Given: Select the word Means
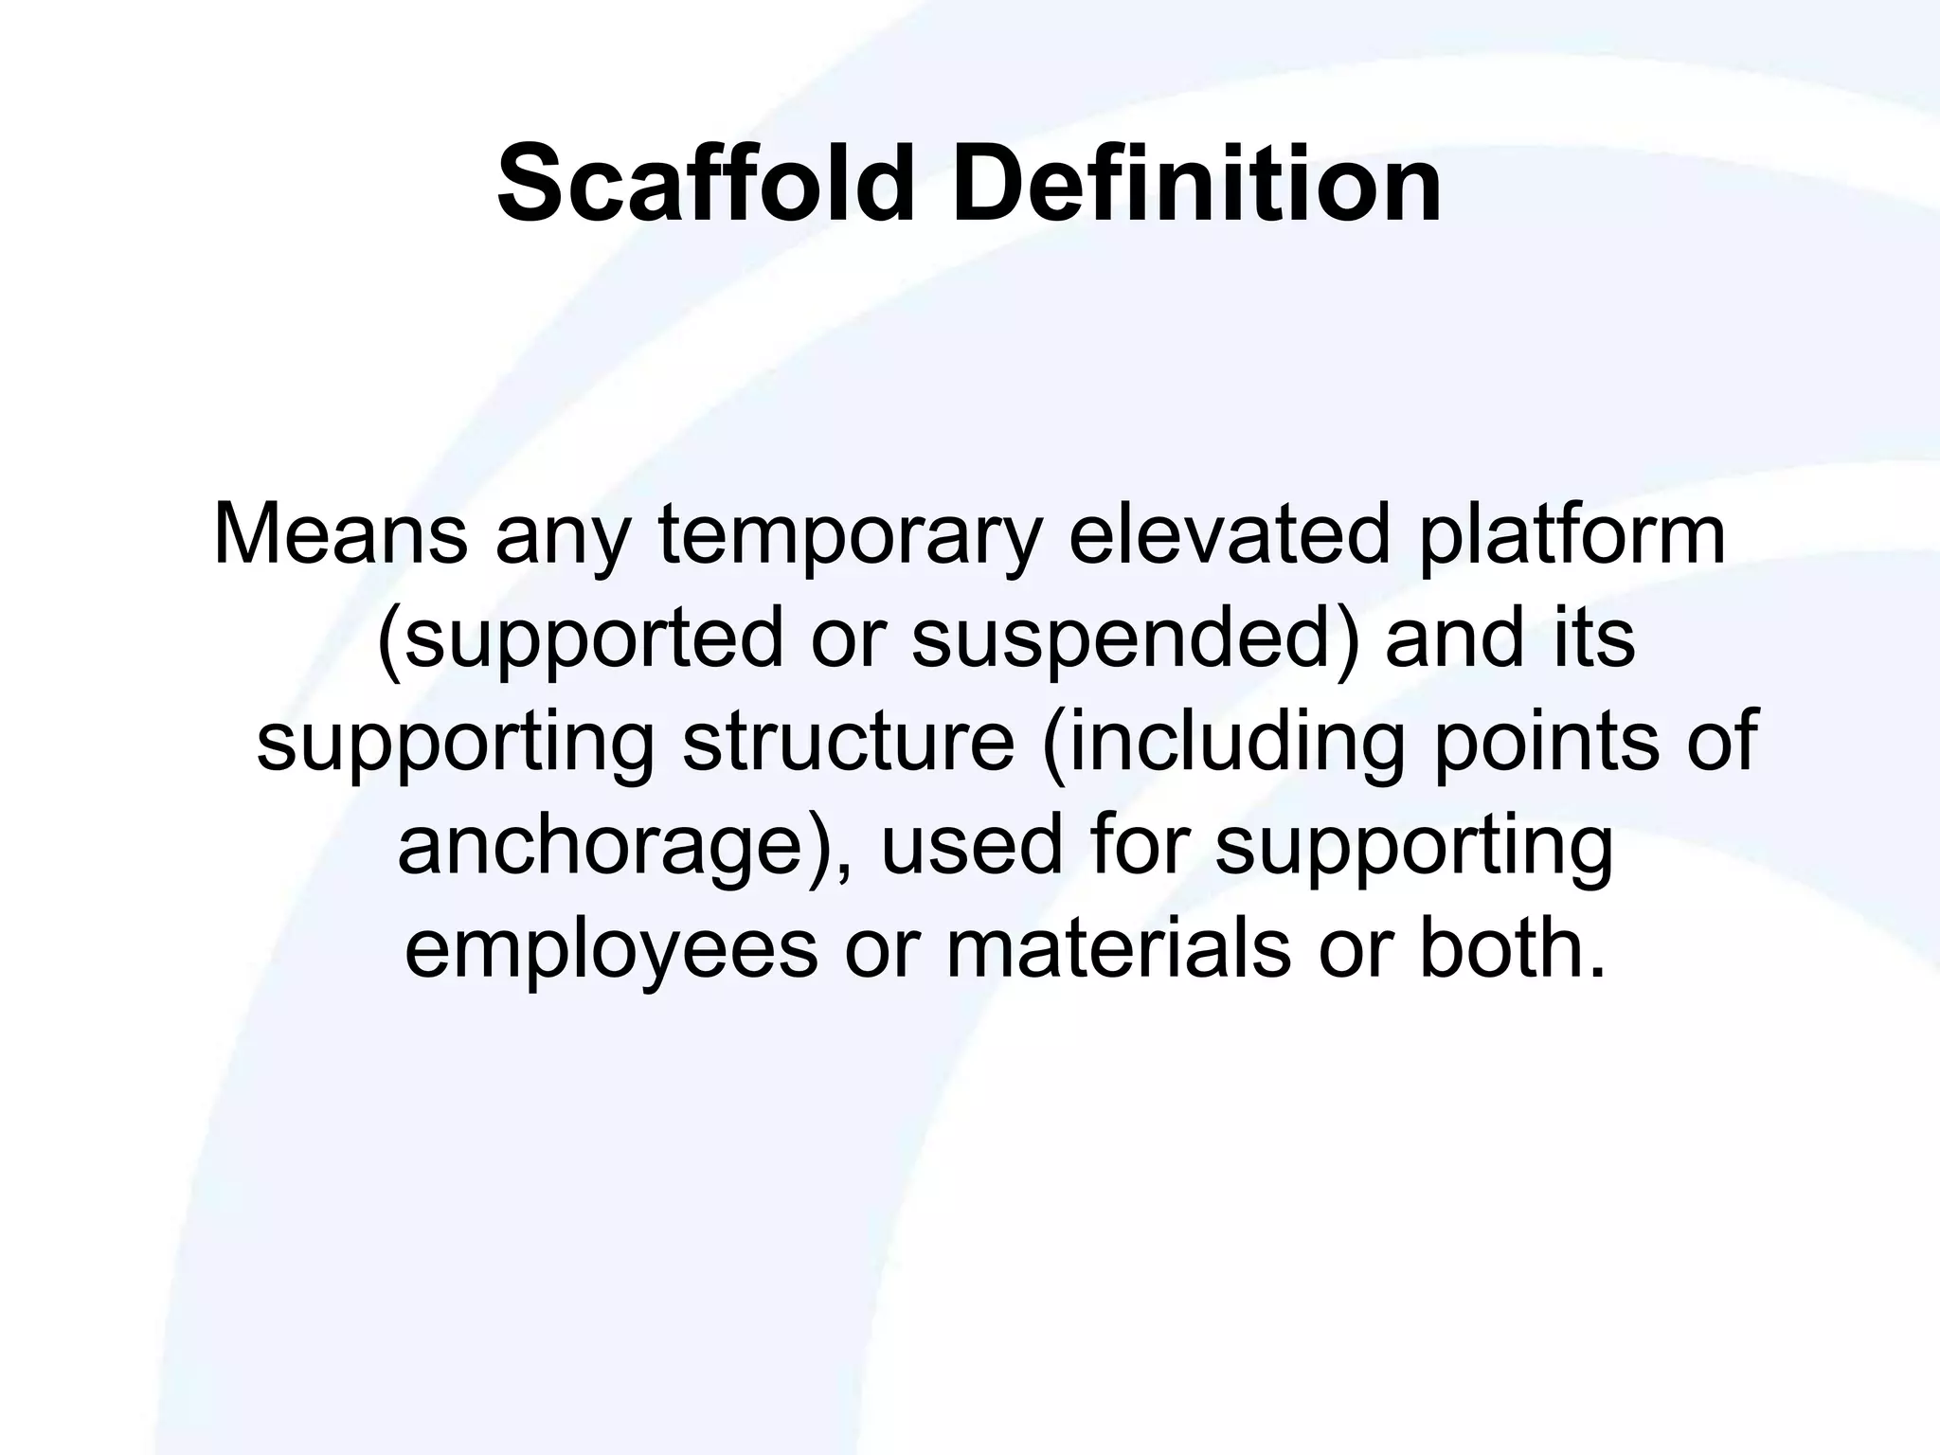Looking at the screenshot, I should pos(340,534).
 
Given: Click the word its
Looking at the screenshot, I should pos(1594,638).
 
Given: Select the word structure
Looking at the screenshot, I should pos(849,743).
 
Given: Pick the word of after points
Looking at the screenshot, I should pos(1723,741).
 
